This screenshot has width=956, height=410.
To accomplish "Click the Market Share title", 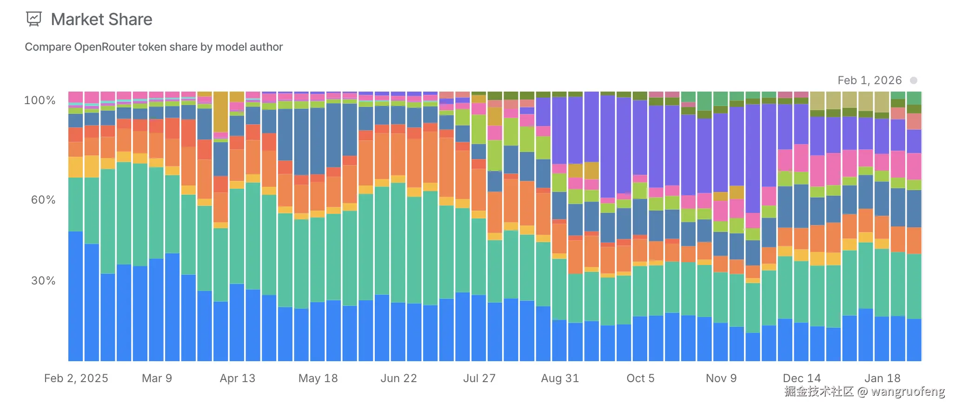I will [101, 20].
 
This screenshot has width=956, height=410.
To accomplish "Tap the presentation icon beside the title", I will [34, 19].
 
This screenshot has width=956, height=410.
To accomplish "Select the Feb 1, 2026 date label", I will [870, 80].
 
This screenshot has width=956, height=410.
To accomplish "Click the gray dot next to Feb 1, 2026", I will [913, 80].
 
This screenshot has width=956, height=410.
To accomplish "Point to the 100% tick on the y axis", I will [40, 100].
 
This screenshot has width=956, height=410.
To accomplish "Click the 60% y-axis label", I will [43, 200].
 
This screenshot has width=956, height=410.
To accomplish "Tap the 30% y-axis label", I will [43, 281].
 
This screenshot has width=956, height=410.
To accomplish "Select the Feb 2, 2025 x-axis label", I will [76, 378].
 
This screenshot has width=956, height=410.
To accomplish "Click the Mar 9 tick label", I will [157, 378].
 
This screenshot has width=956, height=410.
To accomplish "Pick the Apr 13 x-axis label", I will [237, 378].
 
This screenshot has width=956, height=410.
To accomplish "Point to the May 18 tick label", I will [318, 378].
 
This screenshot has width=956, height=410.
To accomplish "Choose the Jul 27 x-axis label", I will [479, 378].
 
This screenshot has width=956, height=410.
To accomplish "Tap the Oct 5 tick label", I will [640, 378].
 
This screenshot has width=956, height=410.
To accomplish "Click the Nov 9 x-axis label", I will [721, 378].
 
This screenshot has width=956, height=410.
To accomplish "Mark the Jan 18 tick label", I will [882, 378].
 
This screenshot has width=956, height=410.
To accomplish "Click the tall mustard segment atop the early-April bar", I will [220, 112].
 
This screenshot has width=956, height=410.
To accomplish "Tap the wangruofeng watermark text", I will [908, 391].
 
